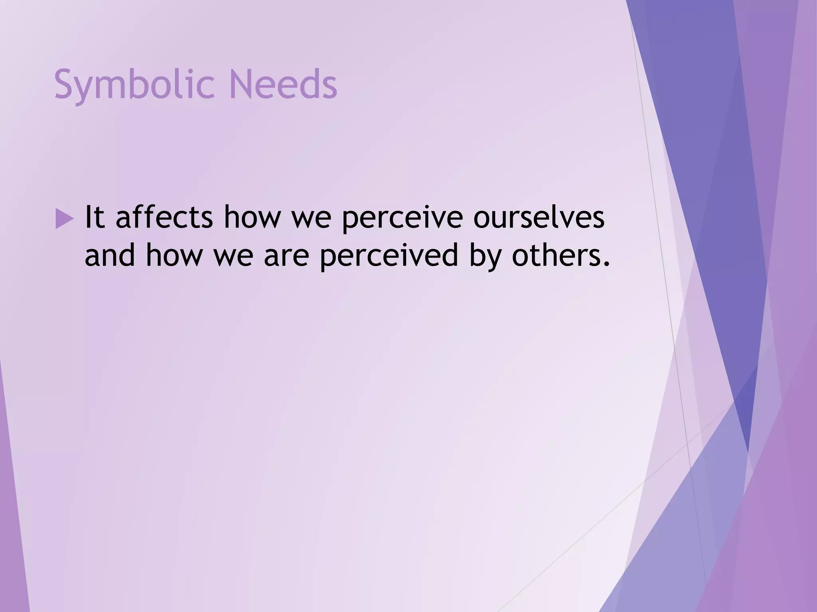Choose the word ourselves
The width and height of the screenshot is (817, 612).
click(539, 218)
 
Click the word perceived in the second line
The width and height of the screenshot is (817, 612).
click(389, 256)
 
